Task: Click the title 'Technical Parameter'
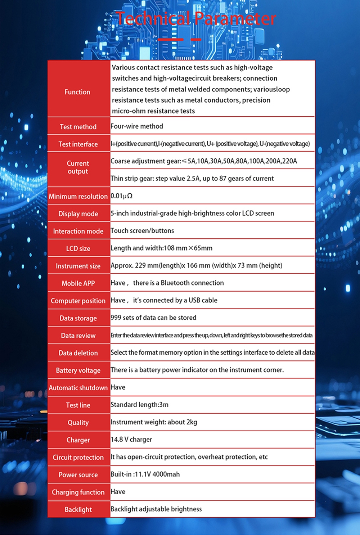click(196, 19)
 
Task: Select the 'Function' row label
click(77, 92)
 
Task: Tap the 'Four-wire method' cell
click(137, 126)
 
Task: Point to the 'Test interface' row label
click(78, 144)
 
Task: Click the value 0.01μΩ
click(122, 196)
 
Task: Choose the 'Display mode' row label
click(78, 214)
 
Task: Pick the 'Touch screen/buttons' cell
click(142, 231)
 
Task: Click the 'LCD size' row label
click(78, 249)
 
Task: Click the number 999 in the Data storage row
click(116, 318)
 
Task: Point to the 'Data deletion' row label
click(78, 353)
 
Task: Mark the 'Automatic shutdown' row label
click(78, 388)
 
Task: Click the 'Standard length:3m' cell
click(139, 405)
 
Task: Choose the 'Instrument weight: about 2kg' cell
click(154, 422)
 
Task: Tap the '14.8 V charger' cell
click(131, 440)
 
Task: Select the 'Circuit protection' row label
click(78, 458)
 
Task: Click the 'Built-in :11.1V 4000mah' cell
click(145, 475)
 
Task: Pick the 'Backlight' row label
click(78, 510)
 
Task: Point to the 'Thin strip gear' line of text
click(192, 179)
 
